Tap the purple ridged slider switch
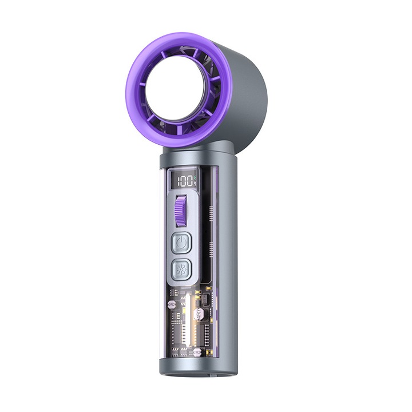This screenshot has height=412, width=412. coord(181,211)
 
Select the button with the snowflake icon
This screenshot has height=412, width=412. coord(181,269)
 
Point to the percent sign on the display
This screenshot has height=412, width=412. coord(195,184)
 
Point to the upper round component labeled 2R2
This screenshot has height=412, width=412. coord(172,305)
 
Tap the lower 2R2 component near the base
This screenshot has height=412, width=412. coord(197,352)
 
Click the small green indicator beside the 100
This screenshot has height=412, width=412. coord(195,177)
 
